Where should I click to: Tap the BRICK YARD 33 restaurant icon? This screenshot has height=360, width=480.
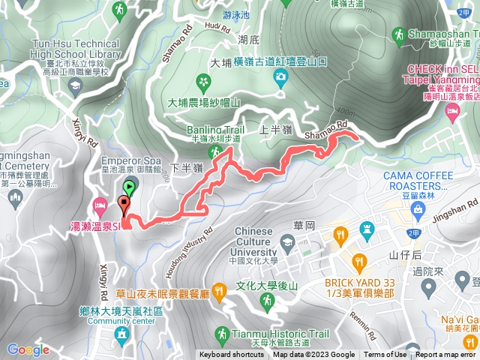point(358,262)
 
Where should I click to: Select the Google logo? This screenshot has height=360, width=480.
point(28,349)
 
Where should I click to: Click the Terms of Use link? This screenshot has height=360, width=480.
point(385,355)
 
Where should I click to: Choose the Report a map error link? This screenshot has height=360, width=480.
point(445,355)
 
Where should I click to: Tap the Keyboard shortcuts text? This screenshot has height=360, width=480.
point(232,355)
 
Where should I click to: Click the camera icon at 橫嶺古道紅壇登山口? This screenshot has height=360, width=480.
point(280,76)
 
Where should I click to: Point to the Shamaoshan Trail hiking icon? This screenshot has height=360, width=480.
point(397,34)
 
